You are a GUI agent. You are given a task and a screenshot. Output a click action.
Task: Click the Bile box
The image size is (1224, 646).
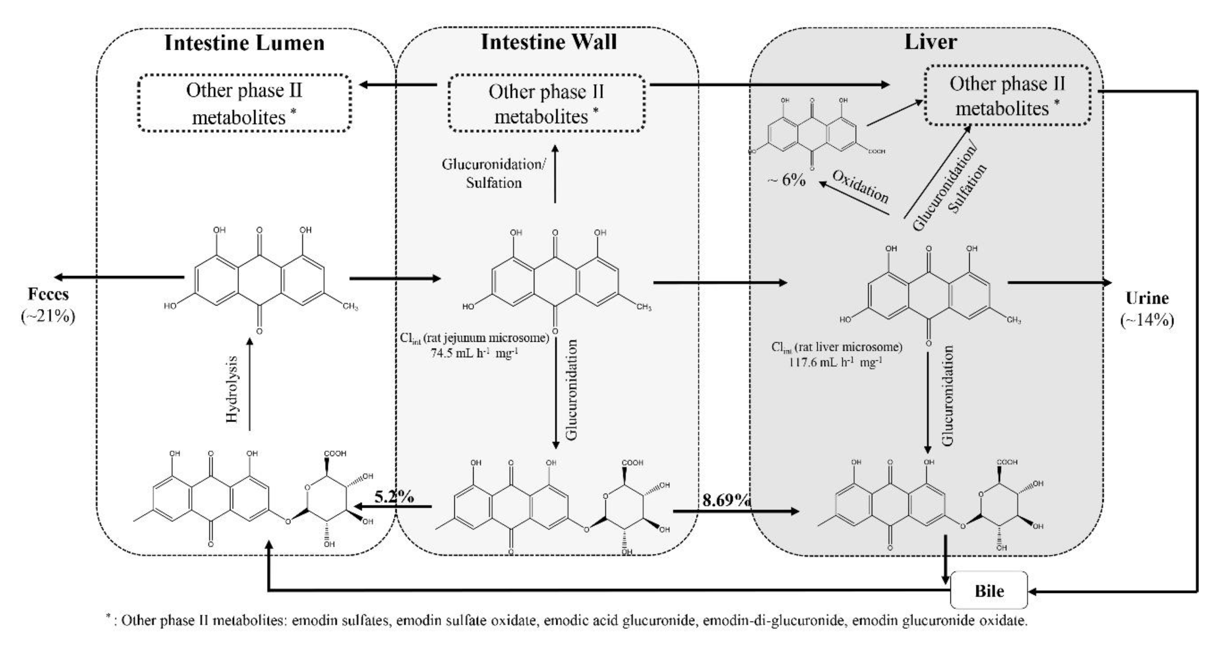point(989,590)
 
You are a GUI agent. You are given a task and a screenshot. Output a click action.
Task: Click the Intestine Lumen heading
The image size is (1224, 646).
point(244,43)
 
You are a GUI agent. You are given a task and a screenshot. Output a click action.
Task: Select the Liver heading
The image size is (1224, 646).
point(930,42)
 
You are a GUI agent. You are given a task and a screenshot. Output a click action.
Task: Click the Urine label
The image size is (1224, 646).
point(1147,298)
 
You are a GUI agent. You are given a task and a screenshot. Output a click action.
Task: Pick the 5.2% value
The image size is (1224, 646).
point(394,497)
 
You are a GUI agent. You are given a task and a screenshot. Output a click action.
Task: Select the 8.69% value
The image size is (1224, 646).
point(726,500)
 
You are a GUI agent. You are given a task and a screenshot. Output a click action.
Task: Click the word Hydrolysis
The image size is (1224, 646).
point(232,389)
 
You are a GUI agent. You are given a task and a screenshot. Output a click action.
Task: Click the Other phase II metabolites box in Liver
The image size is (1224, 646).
point(1007,96)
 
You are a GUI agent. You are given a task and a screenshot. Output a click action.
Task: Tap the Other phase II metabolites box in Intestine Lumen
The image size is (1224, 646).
point(244,103)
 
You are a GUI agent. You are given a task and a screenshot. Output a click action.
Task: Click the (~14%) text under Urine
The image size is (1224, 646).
point(1147,320)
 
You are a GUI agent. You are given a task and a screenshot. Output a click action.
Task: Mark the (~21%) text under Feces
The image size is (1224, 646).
point(48,316)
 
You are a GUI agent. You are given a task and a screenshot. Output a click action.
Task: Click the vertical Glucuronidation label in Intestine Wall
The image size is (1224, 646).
point(571,389)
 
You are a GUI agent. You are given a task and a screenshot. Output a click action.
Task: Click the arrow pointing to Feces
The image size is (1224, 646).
point(119,277)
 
